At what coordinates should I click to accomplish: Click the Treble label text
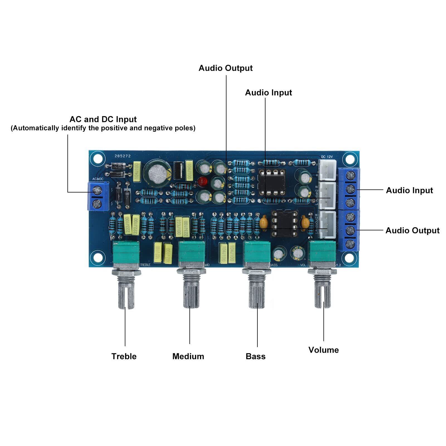coord(124,356)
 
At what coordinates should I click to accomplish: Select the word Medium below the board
coord(188,356)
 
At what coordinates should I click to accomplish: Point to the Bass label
coord(255,356)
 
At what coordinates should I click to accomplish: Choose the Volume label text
coord(323,350)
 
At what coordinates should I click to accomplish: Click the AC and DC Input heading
coord(103,119)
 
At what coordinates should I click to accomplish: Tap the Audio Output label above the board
coord(225,68)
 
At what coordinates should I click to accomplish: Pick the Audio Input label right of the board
coord(409,190)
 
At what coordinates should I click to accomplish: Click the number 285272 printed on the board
coord(123,157)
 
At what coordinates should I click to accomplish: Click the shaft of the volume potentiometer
coord(323,293)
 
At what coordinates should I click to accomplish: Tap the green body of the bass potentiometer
coord(257,252)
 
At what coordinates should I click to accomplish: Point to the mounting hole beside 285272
coord(97,158)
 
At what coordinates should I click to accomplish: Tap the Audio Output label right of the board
coord(412,230)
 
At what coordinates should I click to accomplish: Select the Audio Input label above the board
coord(268,93)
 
